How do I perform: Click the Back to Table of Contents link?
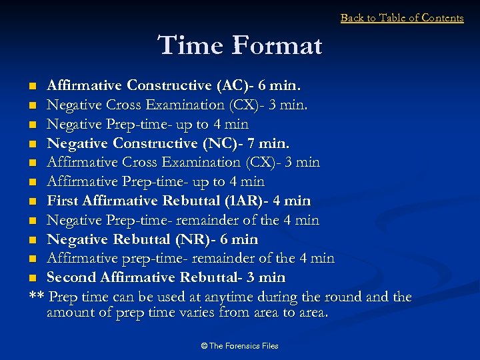point(401,18)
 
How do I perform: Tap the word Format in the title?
point(277,46)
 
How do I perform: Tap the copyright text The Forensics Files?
point(239,346)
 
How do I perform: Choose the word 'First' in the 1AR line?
point(63,201)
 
